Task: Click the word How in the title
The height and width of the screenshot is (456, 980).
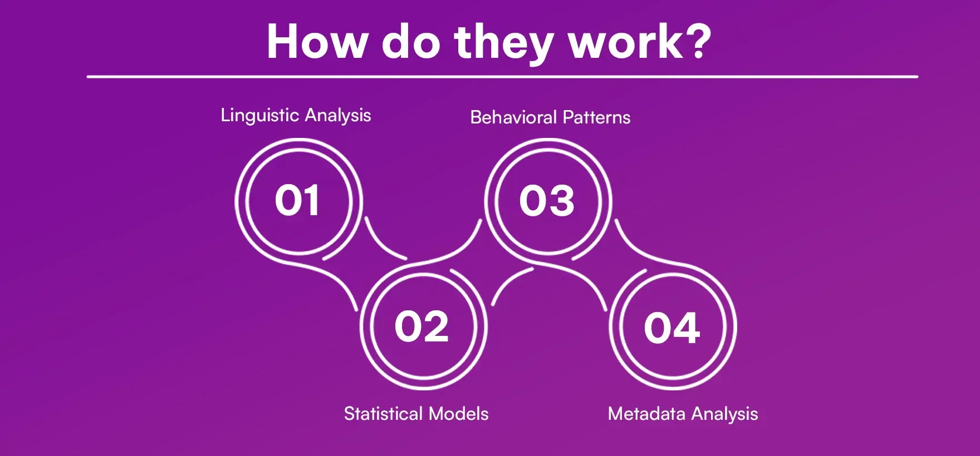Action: pyautogui.click(x=316, y=42)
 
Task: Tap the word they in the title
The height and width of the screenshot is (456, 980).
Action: pyautogui.click(x=503, y=44)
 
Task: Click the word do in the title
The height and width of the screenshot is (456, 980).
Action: pyautogui.click(x=410, y=41)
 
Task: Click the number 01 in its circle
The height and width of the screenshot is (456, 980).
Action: pyautogui.click(x=297, y=200)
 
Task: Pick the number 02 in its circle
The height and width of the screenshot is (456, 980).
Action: pyautogui.click(x=422, y=326)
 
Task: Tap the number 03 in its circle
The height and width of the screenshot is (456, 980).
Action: pyautogui.click(x=547, y=200)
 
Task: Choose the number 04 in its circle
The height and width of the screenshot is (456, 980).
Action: pyautogui.click(x=672, y=327)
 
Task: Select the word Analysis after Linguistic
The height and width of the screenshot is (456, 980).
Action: pyautogui.click(x=338, y=116)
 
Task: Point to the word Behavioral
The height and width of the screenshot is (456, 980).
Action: pyautogui.click(x=513, y=117)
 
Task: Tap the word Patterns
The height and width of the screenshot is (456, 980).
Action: pyautogui.click(x=596, y=117)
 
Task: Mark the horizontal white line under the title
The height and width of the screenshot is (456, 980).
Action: pyautogui.click(x=502, y=77)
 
